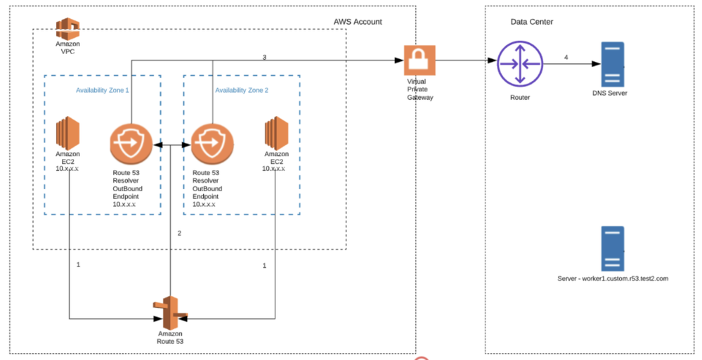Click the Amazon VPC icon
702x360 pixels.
67,29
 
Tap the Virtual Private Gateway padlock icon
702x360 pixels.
420,60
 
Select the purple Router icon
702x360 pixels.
520,63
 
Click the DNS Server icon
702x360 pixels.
613,64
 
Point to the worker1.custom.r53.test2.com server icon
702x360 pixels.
613,248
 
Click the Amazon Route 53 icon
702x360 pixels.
170,312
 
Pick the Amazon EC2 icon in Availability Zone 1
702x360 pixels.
67,134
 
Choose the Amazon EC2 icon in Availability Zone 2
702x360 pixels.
276,134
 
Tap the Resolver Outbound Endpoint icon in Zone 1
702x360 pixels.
131,144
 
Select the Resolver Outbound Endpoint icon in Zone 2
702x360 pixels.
212,144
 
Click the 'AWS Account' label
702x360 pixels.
358,22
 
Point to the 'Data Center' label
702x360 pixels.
532,22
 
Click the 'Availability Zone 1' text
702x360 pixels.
103,91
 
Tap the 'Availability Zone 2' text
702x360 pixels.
242,91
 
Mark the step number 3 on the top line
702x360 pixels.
264,58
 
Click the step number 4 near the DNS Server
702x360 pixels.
566,58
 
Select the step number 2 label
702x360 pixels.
179,233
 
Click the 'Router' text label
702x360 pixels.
520,98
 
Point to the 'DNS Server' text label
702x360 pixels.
609,93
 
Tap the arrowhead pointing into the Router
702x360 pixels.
492,60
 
